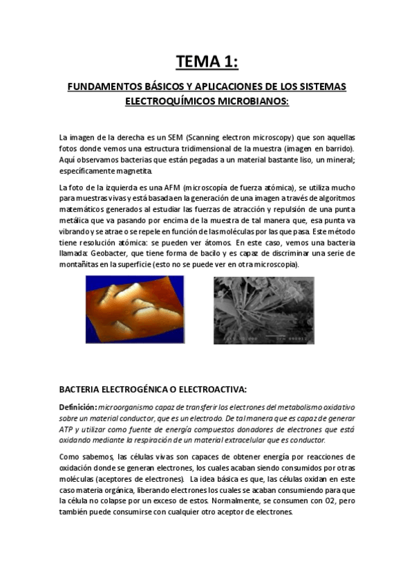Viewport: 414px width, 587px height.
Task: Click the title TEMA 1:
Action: (207, 62)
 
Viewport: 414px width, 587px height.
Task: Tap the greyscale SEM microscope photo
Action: (264, 310)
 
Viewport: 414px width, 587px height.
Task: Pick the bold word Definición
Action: (77, 408)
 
